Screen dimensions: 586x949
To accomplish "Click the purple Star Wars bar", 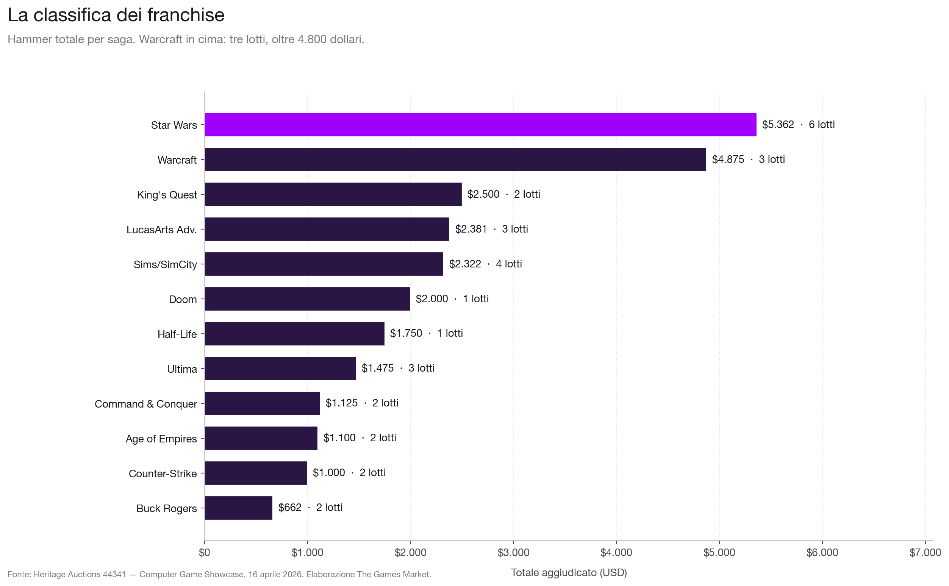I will [480, 124].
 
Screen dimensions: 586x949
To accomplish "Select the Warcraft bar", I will [455, 159].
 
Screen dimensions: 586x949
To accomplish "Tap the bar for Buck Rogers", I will [238, 508].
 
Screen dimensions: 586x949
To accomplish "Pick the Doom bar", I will [307, 299].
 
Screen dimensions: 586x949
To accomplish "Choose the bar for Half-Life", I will [294, 334].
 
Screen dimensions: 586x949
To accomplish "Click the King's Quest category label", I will [167, 195].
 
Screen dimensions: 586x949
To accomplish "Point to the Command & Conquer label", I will [146, 404].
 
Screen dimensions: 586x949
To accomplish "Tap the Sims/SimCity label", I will [165, 264].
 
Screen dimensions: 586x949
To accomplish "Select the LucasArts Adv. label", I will [162, 230].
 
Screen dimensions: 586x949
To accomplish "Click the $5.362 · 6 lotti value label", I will [798, 124].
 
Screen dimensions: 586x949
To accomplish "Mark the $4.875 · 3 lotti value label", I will [748, 159].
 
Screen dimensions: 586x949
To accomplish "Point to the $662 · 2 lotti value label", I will [310, 507].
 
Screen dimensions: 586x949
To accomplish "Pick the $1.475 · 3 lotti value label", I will [397, 368].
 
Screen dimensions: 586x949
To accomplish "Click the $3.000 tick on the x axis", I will [513, 553].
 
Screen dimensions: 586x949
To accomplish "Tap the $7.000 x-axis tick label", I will [925, 553].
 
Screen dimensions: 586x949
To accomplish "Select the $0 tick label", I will [204, 553].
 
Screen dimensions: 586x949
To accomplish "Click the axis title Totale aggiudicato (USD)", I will [569, 572].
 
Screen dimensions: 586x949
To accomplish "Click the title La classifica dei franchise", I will [116, 16].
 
